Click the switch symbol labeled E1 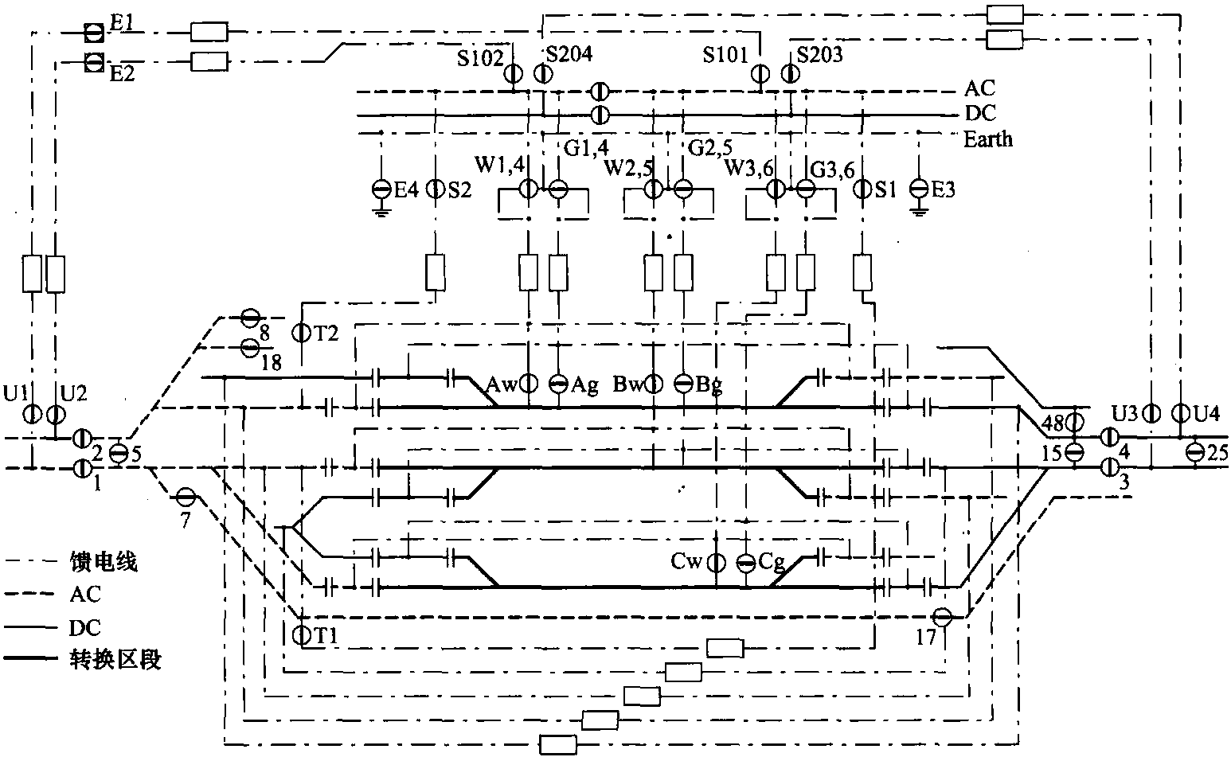coord(94,33)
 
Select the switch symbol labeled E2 coord(94,61)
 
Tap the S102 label coord(480,57)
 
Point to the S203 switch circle coord(789,74)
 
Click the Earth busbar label coord(988,139)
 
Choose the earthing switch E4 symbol coord(382,189)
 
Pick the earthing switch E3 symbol coord(920,189)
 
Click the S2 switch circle coord(436,189)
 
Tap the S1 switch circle coord(863,189)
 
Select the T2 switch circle coord(301,332)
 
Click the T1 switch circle coord(301,634)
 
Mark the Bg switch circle coord(683,384)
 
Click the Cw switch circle coord(717,563)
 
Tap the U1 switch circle coord(32,414)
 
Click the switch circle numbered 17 coord(943,617)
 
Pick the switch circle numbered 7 coord(186,498)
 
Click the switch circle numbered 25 coord(1194,452)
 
